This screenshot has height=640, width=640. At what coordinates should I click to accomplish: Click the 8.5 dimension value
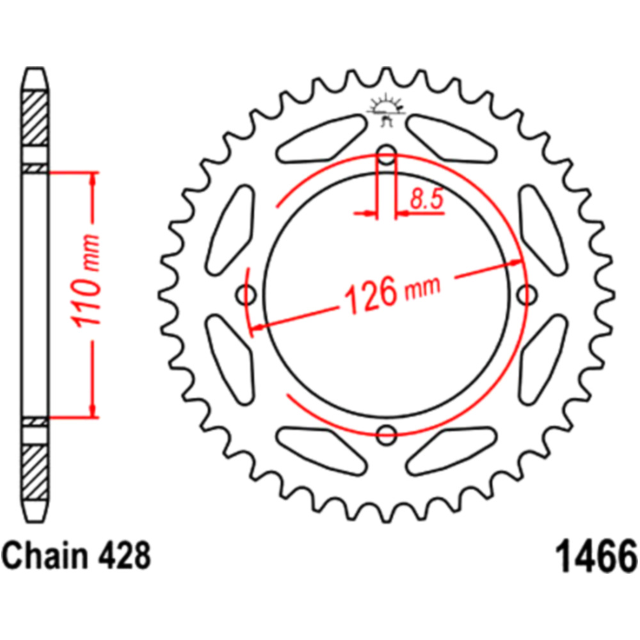coord(426,199)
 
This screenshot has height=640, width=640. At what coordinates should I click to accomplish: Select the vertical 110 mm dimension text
coord(85,280)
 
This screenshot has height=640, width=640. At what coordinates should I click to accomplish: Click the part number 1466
coord(596,556)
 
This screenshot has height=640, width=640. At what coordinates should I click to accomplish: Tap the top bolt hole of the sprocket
coord(387,155)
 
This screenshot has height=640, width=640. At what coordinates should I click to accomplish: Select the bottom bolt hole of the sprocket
coord(387,435)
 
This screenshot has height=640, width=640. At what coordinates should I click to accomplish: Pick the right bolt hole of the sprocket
coord(527,294)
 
